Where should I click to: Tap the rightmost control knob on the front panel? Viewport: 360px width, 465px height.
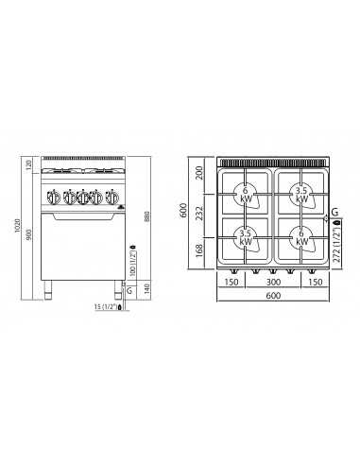(x=118, y=199)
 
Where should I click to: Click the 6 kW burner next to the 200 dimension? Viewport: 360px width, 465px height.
(x=245, y=196)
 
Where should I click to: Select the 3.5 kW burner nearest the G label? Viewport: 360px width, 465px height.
(x=301, y=196)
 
